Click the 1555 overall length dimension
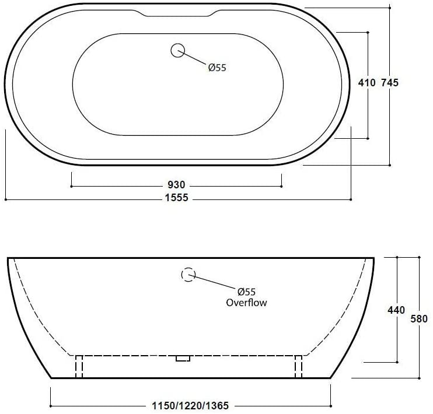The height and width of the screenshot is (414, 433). point(176,198)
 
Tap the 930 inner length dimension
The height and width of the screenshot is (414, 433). point(176,184)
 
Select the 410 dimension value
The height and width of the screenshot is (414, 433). point(366,83)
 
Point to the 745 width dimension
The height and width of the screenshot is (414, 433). point(390,83)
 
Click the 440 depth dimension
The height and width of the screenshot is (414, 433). point(396,310)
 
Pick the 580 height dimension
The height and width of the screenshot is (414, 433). point(419,319)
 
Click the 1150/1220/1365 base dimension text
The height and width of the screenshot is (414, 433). point(190,405)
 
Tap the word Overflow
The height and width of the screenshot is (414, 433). point(246,303)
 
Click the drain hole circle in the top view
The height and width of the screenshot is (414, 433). point(177,50)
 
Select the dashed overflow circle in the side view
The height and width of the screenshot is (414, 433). point(188,275)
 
